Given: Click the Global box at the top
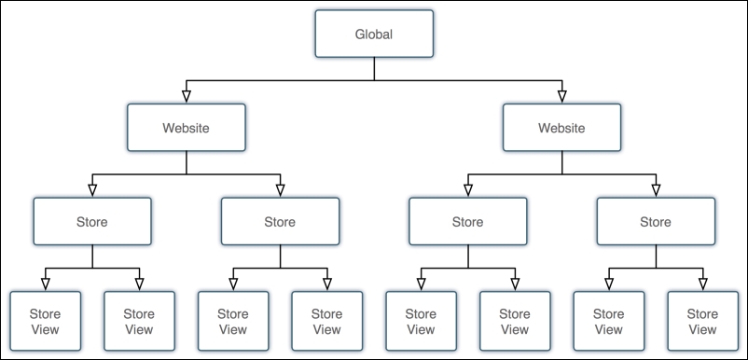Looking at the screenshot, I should [x=374, y=35].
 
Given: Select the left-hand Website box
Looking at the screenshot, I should [x=187, y=128].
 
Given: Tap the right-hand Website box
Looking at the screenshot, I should [x=561, y=128].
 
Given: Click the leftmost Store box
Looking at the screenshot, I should [x=91, y=222].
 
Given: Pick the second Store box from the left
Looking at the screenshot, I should [x=280, y=222].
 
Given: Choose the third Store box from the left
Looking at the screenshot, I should [x=467, y=222].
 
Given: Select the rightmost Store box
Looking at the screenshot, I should [x=655, y=222].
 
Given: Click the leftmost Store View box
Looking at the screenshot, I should [x=45, y=321].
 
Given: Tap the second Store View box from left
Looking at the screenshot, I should [x=139, y=321].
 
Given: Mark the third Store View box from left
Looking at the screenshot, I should [x=233, y=321].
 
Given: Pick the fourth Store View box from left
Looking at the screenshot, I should [x=326, y=321].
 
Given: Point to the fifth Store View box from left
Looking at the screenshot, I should [x=421, y=321].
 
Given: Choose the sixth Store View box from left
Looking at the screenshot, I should [x=515, y=321].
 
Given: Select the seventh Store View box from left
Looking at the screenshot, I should [x=608, y=321].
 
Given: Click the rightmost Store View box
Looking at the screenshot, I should [x=702, y=321].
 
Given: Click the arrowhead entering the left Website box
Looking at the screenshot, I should [x=187, y=96].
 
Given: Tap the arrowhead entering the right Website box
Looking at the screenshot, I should [x=561, y=96].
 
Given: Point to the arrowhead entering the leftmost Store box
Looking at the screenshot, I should [x=91, y=190].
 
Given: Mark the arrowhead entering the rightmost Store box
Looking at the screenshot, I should [x=655, y=190].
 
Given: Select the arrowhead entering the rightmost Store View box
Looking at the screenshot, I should [x=702, y=284].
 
